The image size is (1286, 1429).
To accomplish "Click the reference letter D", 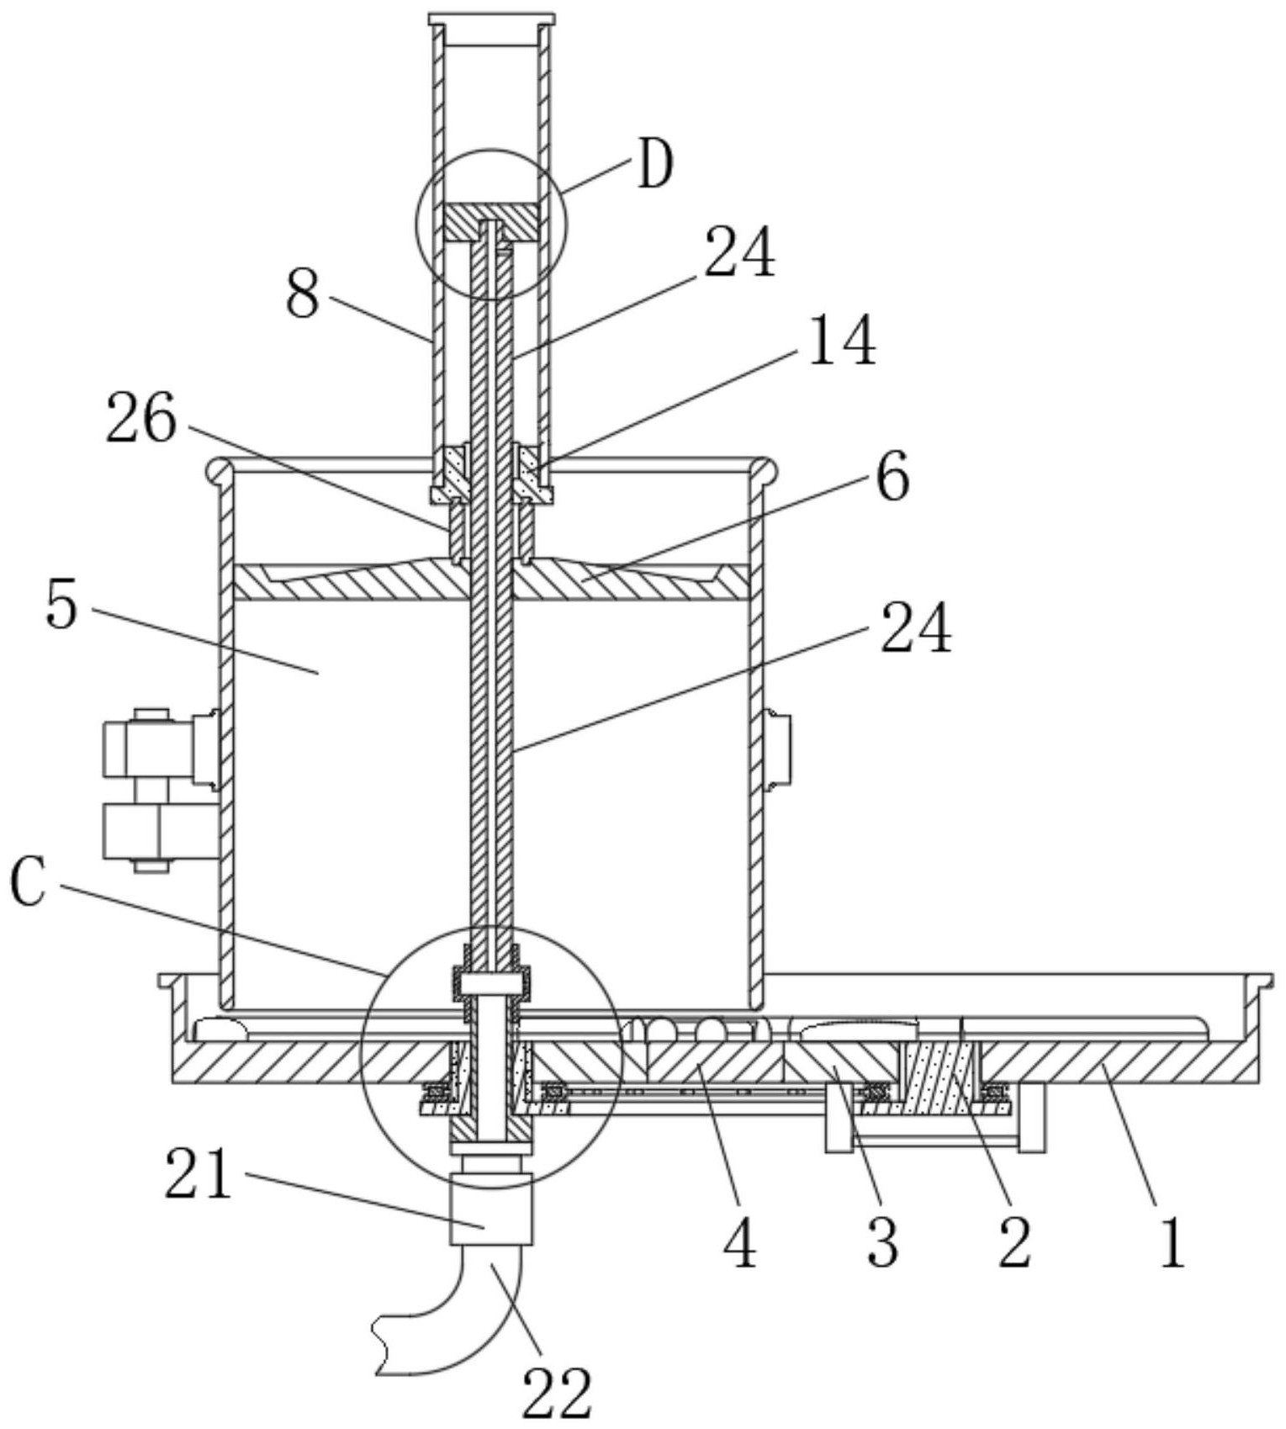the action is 655,166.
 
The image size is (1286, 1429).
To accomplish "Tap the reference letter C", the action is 29,884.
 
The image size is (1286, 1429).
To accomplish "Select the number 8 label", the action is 303,294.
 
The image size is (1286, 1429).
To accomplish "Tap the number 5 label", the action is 61,605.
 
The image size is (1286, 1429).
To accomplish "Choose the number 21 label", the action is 198,1174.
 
